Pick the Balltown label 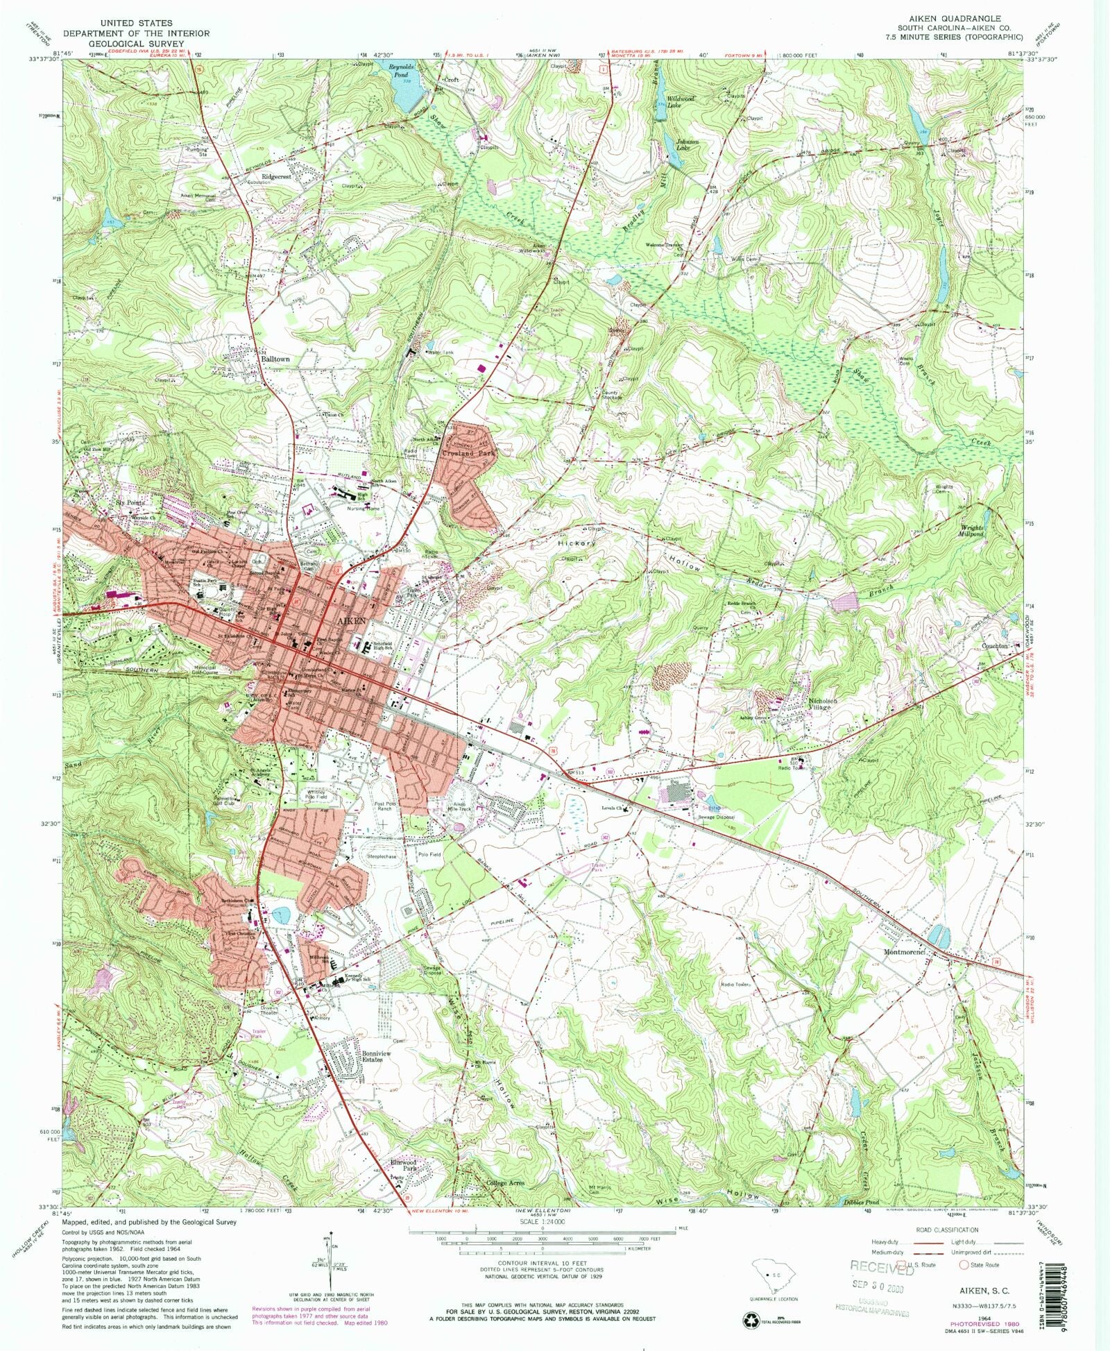275,359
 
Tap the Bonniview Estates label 377,1056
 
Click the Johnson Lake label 687,144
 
